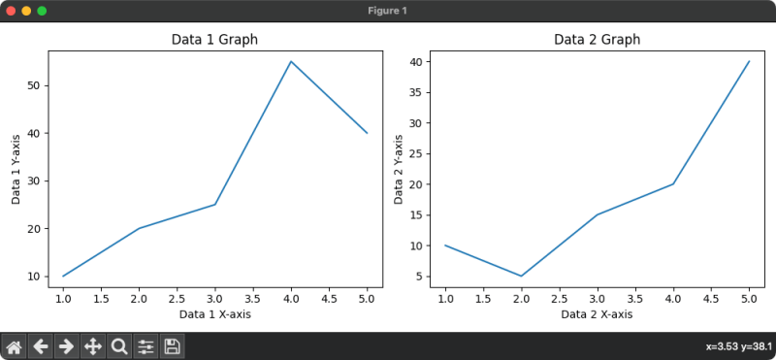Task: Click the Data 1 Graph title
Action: click(214, 40)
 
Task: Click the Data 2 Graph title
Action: click(597, 40)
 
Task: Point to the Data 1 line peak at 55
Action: click(291, 62)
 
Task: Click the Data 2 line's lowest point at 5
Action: click(521, 276)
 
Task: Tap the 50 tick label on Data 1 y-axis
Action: click(35, 85)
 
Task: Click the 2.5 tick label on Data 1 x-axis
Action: click(177, 300)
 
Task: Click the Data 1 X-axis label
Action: click(214, 314)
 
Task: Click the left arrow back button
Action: click(41, 346)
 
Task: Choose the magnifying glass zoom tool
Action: click(119, 346)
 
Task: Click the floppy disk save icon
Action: click(172, 346)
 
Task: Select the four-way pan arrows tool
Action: click(93, 346)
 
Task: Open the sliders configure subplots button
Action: click(145, 346)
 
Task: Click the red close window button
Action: click(11, 11)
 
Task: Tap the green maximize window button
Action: click(42, 11)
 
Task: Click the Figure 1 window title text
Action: click(388, 11)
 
